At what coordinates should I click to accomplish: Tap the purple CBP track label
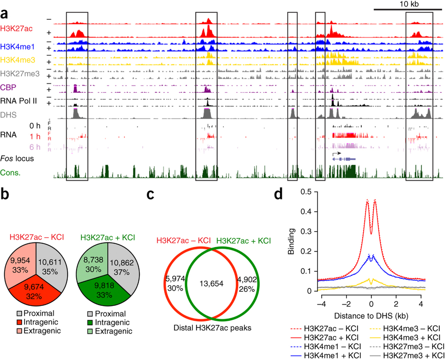point(8,86)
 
